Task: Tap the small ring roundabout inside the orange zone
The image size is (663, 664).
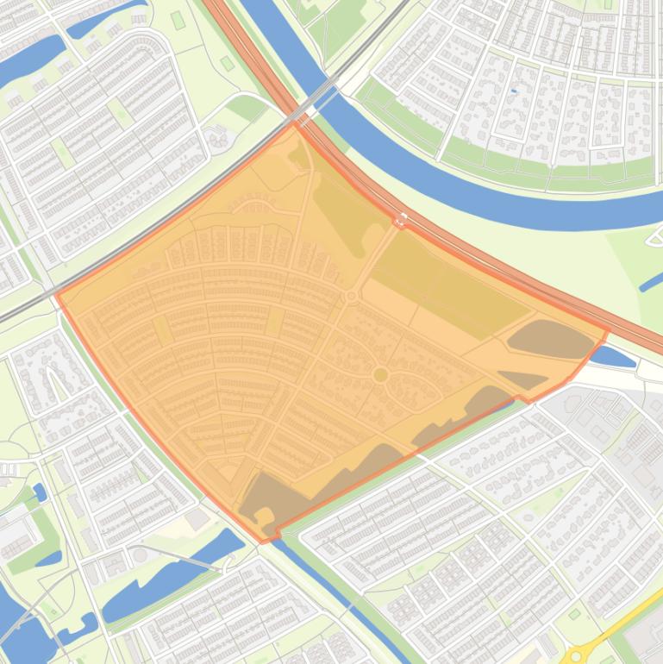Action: (351, 297)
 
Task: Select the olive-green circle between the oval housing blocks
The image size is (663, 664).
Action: (380, 374)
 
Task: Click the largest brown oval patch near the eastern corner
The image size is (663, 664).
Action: (552, 340)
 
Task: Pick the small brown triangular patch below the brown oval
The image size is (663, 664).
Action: (523, 379)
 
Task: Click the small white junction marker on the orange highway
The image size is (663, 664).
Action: (399, 221)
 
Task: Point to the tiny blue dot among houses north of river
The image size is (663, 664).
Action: (514, 91)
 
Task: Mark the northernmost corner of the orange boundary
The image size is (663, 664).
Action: (295, 122)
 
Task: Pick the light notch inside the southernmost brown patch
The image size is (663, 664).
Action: (264, 516)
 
